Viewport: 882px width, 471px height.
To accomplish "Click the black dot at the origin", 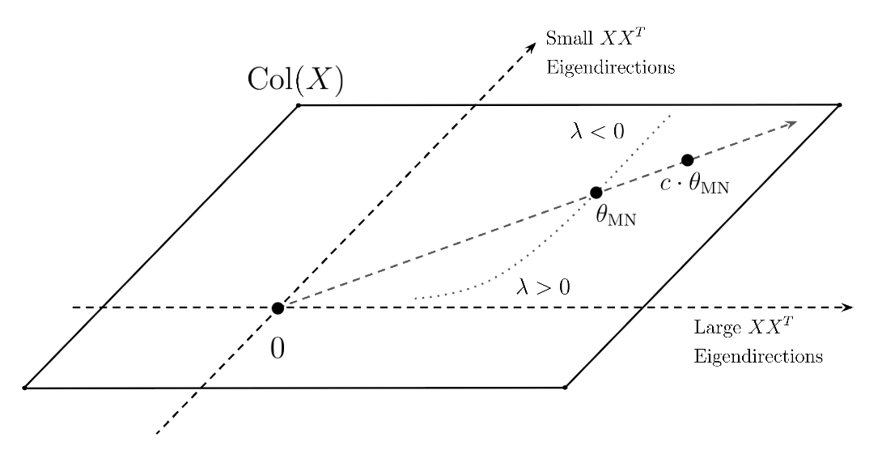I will (x=278, y=308).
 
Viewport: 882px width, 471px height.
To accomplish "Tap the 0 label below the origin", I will (x=277, y=349).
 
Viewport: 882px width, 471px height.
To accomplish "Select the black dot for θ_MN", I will (x=596, y=193).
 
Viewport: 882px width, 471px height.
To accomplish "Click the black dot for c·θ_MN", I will (x=687, y=160).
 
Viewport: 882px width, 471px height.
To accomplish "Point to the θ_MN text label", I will (x=616, y=216).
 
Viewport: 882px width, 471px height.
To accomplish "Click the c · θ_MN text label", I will (x=694, y=185).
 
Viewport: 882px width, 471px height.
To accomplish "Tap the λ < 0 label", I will (x=597, y=131).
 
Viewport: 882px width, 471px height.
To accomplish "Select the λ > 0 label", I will (x=543, y=286).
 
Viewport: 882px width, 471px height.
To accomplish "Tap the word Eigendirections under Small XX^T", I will (x=610, y=67).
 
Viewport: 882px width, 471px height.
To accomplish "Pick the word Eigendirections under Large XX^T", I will (x=758, y=356).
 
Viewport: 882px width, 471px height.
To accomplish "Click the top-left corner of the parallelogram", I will (x=299, y=105).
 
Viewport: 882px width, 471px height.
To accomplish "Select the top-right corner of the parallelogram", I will (x=839, y=104).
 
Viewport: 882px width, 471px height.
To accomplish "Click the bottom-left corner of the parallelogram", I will (x=25, y=388).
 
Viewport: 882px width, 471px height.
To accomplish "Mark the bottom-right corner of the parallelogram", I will (x=564, y=388).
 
